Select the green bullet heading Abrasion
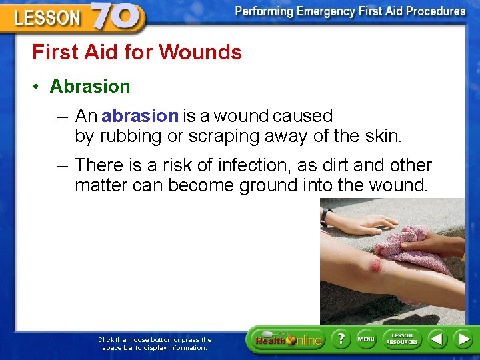pos(90,87)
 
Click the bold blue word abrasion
pos(140,116)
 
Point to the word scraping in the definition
pos(227,137)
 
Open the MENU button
pos(366,339)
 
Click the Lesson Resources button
pos(401,339)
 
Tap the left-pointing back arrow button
pos(437,339)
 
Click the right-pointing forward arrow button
pos(463,339)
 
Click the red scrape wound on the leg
pos(375,266)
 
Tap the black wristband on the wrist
pos(325,217)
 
